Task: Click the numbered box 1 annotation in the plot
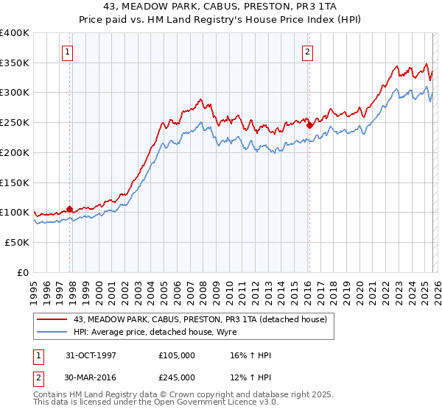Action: click(x=67, y=51)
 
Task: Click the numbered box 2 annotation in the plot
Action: click(x=306, y=51)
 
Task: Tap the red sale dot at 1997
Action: click(x=70, y=209)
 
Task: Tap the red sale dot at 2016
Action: click(x=309, y=125)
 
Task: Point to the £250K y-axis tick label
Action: click(x=15, y=123)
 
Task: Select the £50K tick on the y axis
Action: click(x=17, y=242)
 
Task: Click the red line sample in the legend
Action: click(x=52, y=319)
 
